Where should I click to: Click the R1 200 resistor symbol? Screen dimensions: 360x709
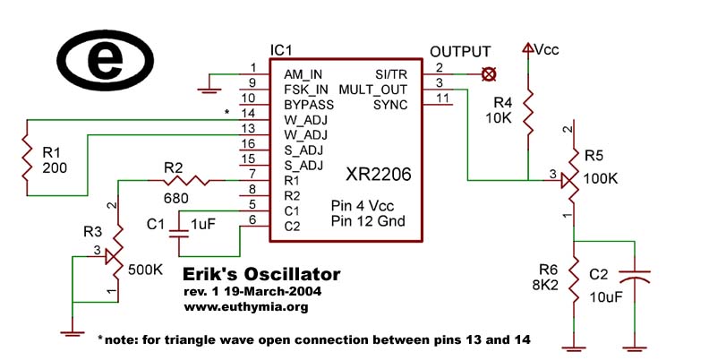(28, 158)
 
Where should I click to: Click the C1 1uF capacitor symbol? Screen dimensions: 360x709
(180, 230)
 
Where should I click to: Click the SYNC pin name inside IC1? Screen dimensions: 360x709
(390, 105)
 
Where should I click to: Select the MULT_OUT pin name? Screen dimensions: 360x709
(373, 89)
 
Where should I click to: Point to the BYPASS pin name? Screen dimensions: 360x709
(308, 105)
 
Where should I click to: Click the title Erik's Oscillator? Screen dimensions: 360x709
(261, 274)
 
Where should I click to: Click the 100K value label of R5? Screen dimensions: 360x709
(601, 178)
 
